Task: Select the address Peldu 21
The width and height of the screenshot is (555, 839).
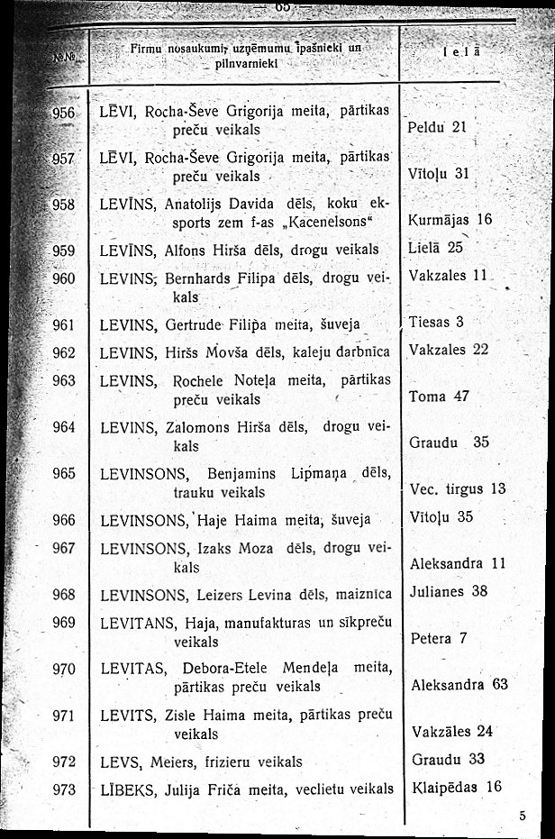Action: click(x=436, y=127)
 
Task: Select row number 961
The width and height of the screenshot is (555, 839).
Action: click(x=64, y=322)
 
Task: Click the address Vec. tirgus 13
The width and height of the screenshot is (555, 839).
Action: click(x=458, y=488)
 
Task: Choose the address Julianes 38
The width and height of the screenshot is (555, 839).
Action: click(x=449, y=591)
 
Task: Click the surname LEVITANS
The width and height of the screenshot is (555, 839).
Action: click(x=138, y=624)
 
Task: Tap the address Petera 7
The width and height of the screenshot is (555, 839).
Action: click(x=439, y=639)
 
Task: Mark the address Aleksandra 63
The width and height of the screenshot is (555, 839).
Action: click(x=459, y=684)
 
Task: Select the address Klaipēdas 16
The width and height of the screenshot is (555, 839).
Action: click(x=455, y=786)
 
